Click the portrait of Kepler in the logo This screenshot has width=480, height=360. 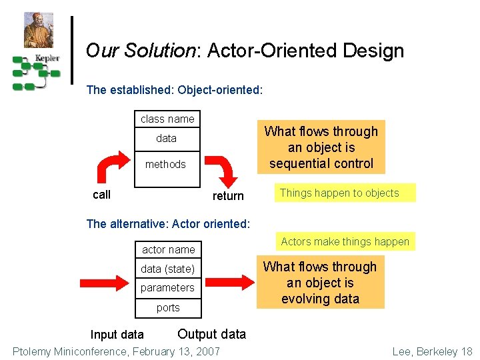click(x=38, y=30)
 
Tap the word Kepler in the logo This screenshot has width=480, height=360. click(x=47, y=58)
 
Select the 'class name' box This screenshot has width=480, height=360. click(x=167, y=119)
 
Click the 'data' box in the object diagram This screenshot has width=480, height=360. click(x=167, y=139)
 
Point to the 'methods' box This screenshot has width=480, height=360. click(x=166, y=164)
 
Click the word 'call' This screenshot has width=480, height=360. click(x=101, y=195)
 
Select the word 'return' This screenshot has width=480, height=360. click(x=228, y=196)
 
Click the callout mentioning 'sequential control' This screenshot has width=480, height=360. click(x=321, y=147)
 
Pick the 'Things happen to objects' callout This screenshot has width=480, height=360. click(x=339, y=193)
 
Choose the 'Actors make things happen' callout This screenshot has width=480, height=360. click(x=345, y=241)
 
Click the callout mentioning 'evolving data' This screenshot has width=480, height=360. click(x=320, y=283)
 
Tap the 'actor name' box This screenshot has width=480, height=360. click(x=169, y=249)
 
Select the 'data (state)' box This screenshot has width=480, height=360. click(x=168, y=269)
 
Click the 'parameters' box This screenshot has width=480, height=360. click(x=167, y=288)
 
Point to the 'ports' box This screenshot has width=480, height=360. click(x=168, y=307)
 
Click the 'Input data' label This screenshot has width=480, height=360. click(x=117, y=335)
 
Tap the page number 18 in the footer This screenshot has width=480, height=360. click(x=466, y=351)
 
